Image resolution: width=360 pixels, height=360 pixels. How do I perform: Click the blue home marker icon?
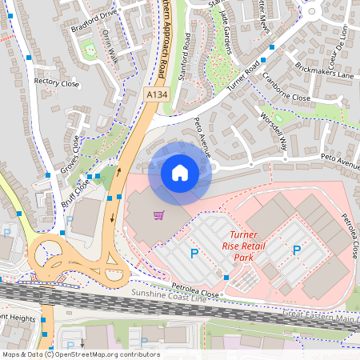180,173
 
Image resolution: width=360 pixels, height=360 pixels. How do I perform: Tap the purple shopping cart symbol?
159,215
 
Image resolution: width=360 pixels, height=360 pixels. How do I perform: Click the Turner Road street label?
244,77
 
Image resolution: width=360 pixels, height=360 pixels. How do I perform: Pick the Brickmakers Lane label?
324,69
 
